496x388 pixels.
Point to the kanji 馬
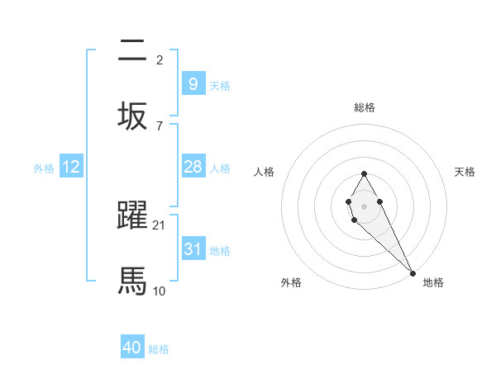point(132,281)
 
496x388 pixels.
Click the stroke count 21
point(160,225)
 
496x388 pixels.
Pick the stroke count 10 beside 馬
point(160,291)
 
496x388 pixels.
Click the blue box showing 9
point(193,83)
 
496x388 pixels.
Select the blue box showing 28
point(193,167)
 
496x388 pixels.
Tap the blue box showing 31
point(193,249)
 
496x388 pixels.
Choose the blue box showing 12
point(71,167)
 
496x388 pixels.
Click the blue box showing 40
point(132,348)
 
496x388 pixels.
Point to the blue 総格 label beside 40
point(159,349)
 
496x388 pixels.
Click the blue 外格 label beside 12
point(44,168)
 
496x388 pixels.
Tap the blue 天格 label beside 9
point(220,85)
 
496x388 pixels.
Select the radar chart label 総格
point(364,107)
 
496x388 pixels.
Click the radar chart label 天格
point(465,172)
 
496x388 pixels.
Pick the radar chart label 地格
point(433,282)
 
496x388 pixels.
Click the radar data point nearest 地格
point(413,273)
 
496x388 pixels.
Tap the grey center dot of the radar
point(364,205)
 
